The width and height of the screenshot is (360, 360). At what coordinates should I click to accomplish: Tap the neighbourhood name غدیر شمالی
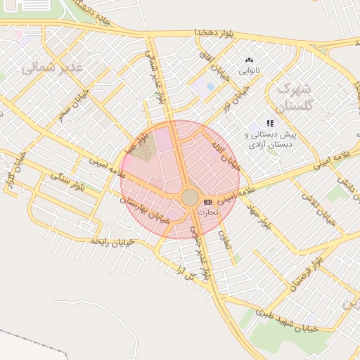(x=52, y=67)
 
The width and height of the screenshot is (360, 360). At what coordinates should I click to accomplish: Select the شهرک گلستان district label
(x=292, y=98)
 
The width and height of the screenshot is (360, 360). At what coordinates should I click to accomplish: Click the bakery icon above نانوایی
(x=249, y=60)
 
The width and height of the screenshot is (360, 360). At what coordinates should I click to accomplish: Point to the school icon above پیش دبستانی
(x=270, y=123)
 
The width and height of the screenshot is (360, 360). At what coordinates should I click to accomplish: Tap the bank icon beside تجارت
(x=207, y=202)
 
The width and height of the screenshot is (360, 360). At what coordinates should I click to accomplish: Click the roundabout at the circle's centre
(x=190, y=198)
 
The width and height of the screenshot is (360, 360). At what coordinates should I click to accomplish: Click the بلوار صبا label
(x=135, y=141)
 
